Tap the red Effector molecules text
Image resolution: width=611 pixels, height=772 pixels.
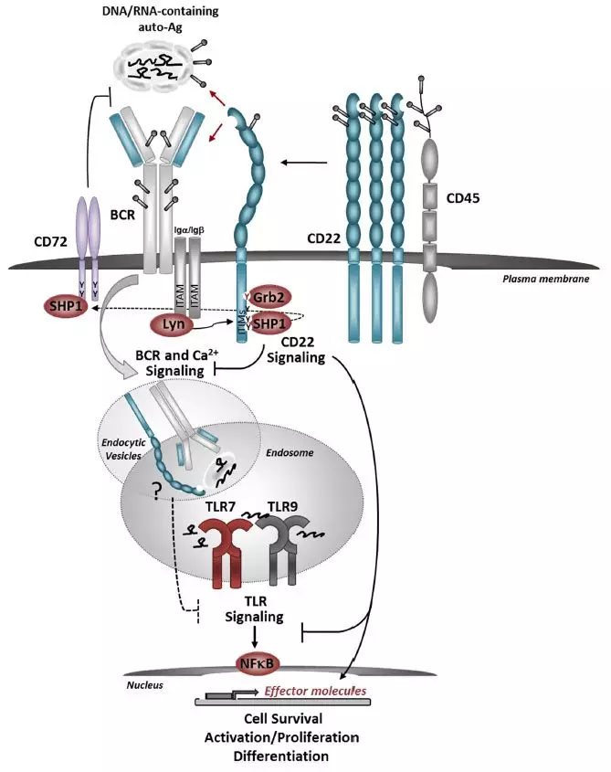[x=315, y=691]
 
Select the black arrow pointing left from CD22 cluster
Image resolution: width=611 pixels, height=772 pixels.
[x=302, y=164]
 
